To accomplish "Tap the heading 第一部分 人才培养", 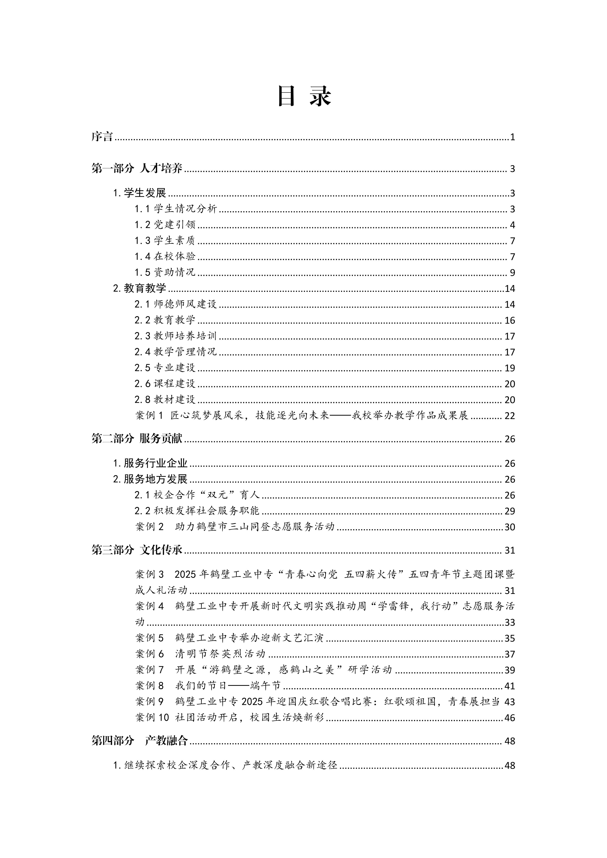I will tap(137, 169).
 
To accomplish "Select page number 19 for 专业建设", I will tap(509, 368).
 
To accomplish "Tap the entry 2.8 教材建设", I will tap(165, 400).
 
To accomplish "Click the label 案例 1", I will tap(149, 416).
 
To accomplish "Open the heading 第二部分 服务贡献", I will tap(137, 439).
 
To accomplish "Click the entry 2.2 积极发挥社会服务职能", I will tap(197, 511).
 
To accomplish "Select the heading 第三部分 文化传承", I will tap(137, 550).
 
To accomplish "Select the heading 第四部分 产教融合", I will tap(139, 741).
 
